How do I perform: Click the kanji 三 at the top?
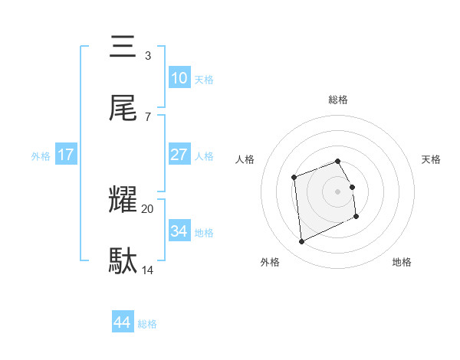123,47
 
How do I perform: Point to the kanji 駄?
123,261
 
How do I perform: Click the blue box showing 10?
179,78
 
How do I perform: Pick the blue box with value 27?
179,155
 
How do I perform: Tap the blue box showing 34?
179,231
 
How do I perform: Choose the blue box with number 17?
66,155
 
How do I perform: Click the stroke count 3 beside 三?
147,56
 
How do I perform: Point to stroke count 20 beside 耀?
148,208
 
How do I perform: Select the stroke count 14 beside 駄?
148,270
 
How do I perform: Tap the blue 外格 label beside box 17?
41,155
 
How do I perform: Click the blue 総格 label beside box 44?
147,323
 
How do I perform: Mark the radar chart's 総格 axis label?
338,100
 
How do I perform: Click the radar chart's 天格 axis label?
431,159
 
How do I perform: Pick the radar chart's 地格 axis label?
402,262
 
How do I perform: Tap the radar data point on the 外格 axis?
302,241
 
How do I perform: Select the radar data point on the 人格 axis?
294,178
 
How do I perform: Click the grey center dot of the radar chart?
338,191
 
